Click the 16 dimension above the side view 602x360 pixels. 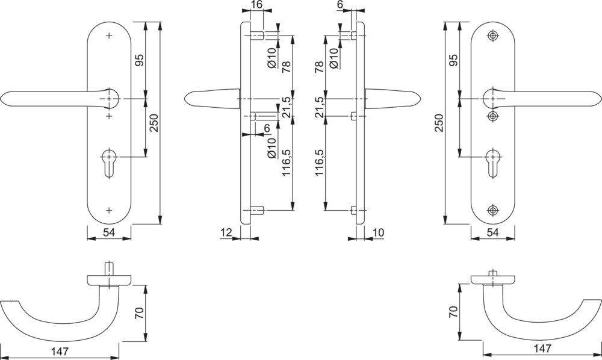pyautogui.click(x=256, y=5)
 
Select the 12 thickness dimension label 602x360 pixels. pyautogui.click(x=226, y=232)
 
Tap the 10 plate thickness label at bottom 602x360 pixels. pyautogui.click(x=379, y=232)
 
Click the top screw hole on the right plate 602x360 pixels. pyautogui.click(x=493, y=36)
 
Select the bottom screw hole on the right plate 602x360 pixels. pyautogui.click(x=493, y=210)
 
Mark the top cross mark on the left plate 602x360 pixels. pyautogui.click(x=109, y=36)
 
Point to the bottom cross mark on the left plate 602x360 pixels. pyautogui.click(x=109, y=210)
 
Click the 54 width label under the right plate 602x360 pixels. pyautogui.click(x=492, y=232)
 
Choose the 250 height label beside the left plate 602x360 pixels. pyautogui.click(x=154, y=124)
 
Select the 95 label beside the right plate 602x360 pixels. pyautogui.click(x=454, y=60)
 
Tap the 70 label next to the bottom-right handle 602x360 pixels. pyautogui.click(x=454, y=312)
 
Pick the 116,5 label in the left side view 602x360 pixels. pyautogui.click(x=288, y=162)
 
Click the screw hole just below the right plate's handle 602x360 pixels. pyautogui.click(x=493, y=115)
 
